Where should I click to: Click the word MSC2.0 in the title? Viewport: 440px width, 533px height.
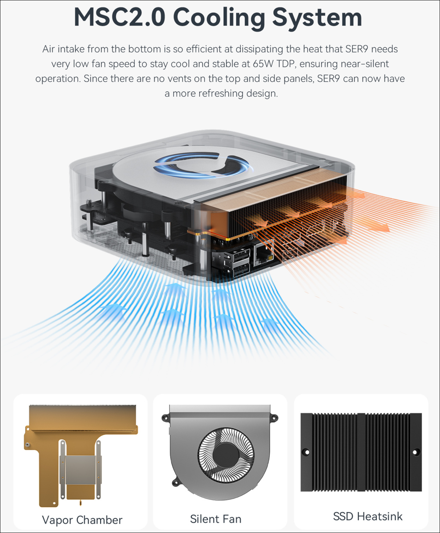119,17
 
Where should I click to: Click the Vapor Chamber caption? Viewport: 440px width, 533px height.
82,520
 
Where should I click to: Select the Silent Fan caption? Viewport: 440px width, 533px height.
216,519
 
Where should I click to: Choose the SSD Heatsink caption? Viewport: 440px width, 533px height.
367,516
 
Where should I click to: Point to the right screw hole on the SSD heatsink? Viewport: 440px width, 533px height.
415,452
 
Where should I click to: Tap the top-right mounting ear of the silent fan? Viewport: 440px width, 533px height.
274,417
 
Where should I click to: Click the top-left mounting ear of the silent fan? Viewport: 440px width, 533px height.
165,417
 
